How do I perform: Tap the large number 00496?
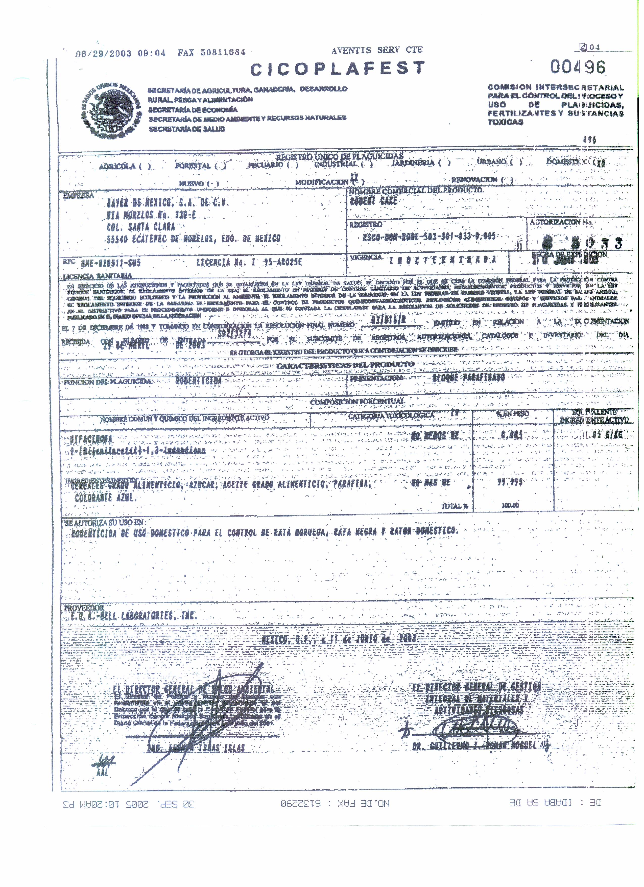coord(578,67)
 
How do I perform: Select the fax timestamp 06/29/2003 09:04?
coord(121,53)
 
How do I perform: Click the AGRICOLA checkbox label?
coord(117,167)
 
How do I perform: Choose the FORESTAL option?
coord(193,166)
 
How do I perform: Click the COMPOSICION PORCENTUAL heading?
coord(356,402)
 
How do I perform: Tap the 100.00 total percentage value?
coord(510,505)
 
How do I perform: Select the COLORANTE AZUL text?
coord(105,498)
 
